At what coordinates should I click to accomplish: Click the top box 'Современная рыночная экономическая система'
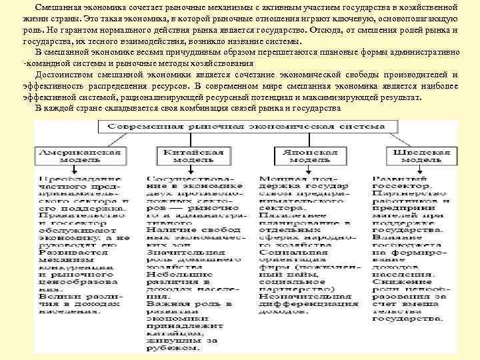(x=243, y=127)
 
